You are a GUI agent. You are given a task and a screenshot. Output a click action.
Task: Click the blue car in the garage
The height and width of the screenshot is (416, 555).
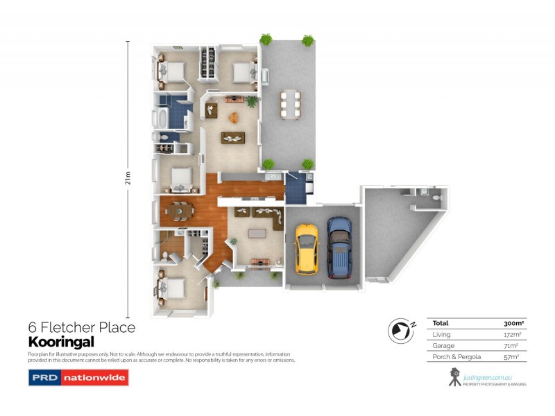[x=340, y=246]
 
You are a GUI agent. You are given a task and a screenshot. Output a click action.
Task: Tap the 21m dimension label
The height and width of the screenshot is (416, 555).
[x=128, y=178]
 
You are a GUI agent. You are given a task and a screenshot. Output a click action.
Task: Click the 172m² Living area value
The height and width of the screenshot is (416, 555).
[x=513, y=334]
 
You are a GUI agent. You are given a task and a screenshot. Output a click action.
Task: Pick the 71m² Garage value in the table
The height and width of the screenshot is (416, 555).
[x=514, y=345]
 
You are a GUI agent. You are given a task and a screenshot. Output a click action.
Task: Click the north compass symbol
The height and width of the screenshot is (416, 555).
[x=401, y=331]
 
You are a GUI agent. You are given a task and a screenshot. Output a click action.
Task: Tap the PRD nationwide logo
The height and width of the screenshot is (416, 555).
[x=78, y=378]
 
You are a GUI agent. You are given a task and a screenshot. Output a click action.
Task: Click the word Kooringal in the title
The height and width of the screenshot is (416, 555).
[x=60, y=341]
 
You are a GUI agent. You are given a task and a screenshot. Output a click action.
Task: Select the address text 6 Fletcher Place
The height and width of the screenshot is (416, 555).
[x=81, y=327]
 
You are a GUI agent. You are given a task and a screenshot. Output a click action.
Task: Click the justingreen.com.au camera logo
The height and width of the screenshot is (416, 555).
[x=455, y=376]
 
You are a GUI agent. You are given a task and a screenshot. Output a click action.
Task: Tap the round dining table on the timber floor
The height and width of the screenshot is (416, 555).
[x=180, y=208]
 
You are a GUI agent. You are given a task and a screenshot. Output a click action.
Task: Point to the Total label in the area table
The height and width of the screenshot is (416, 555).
[x=440, y=323]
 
